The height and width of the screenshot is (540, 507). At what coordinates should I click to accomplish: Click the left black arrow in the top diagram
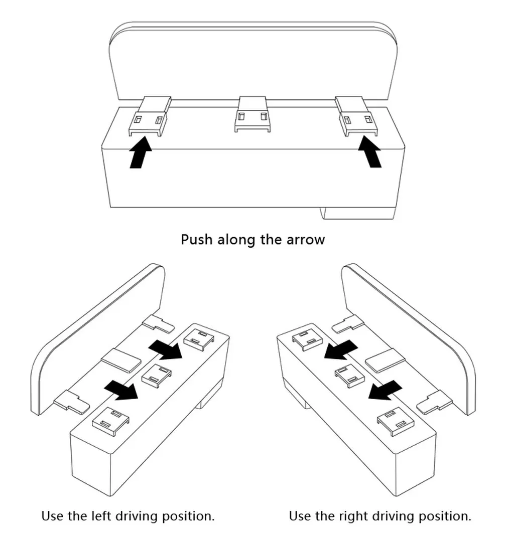141,152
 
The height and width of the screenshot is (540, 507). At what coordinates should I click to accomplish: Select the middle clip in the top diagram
252,114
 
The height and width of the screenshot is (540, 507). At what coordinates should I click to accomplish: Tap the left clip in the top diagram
149,116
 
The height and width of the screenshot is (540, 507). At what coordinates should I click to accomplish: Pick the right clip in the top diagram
356,116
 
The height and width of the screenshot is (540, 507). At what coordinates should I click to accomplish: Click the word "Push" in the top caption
196,239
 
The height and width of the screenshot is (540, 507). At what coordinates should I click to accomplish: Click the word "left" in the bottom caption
101,516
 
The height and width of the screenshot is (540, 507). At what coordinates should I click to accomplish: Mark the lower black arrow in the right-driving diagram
385,390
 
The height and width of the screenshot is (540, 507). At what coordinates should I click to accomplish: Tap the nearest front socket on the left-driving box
111,420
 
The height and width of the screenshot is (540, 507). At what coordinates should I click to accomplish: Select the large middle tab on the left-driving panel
121,360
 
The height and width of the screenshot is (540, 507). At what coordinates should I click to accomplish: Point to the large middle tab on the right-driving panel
385,360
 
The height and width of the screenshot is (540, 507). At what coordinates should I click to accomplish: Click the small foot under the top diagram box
357,213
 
